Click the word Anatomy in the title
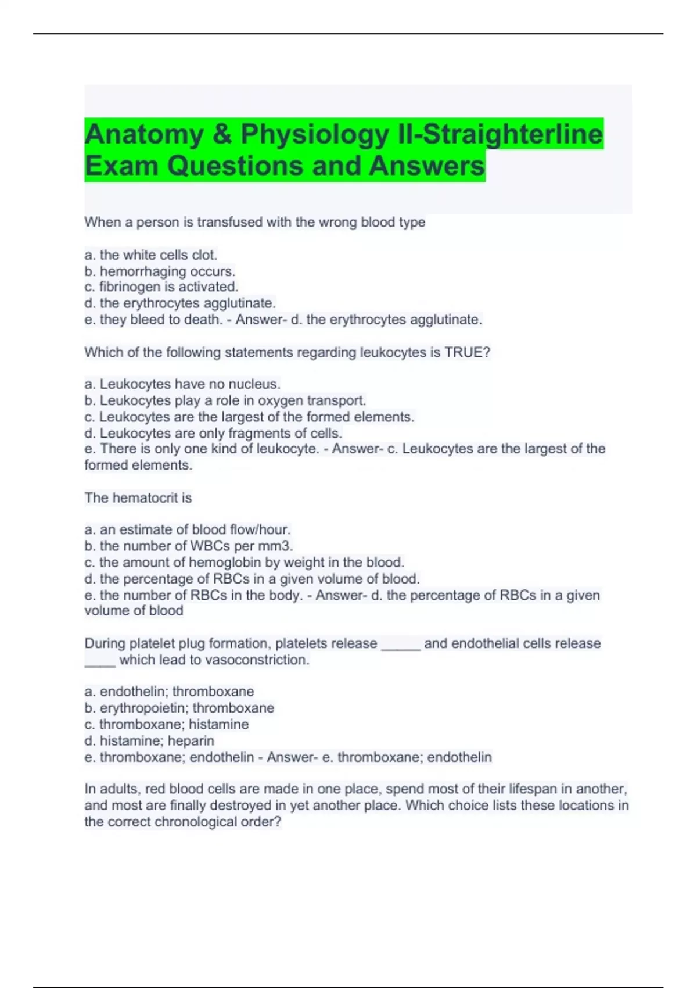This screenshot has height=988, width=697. click(144, 134)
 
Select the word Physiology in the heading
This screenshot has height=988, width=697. click(314, 134)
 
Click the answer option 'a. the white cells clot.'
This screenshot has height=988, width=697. click(151, 255)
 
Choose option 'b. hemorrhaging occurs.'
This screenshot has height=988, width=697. click(160, 271)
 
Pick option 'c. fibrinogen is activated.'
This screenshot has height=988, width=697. click(161, 287)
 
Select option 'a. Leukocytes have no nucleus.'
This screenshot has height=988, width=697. click(182, 384)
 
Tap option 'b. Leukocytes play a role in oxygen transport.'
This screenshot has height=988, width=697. click(225, 400)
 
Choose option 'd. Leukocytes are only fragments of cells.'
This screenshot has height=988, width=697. click(213, 433)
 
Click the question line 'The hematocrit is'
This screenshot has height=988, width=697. click(138, 497)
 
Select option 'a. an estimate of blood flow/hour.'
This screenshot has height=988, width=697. click(187, 529)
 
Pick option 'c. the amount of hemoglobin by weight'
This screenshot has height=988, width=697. click(244, 562)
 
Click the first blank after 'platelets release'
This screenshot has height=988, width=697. click(400, 645)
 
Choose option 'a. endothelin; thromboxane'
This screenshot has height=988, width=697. click(169, 691)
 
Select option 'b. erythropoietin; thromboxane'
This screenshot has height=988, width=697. click(179, 708)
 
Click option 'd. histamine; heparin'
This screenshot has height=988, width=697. click(149, 740)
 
